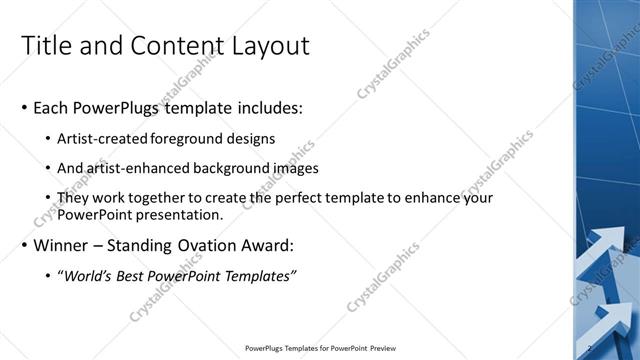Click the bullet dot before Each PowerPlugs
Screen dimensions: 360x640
click(23, 108)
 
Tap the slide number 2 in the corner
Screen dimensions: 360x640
click(591, 348)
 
